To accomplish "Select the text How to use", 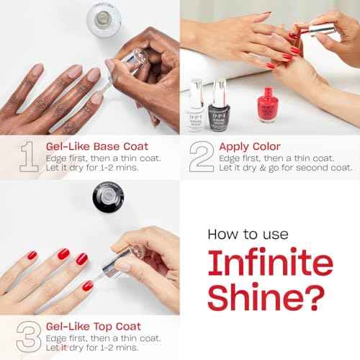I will pyautogui.click(x=248, y=234).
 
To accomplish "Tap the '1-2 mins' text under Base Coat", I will pyautogui.click(x=123, y=168).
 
